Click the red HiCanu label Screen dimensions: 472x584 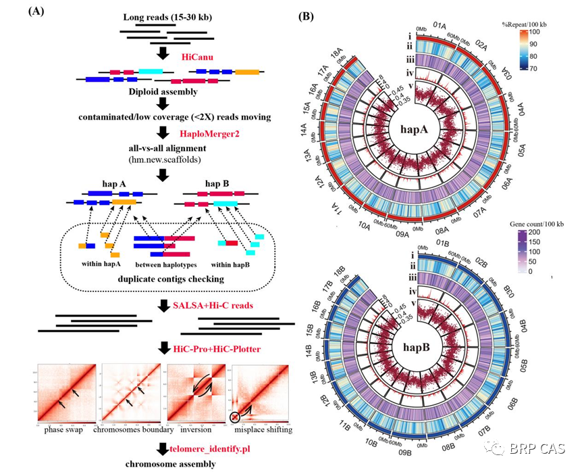pos(197,57)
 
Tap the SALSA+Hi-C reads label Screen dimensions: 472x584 pos(216,306)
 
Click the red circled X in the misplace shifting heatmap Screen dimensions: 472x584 pos(235,417)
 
